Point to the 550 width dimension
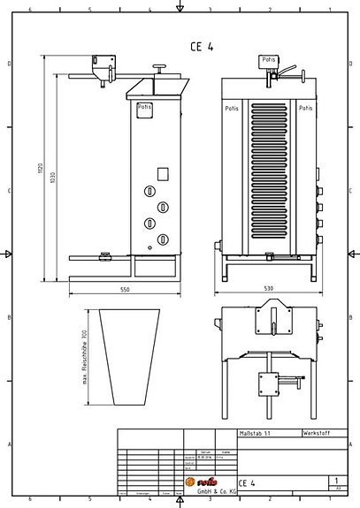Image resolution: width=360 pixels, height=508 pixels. tap(125, 290)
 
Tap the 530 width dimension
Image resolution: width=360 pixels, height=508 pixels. tap(269, 290)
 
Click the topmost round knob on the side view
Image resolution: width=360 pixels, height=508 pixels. tap(151, 191)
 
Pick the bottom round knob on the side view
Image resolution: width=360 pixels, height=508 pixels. tap(163, 239)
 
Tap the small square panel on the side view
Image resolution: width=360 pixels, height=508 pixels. tap(163, 174)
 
